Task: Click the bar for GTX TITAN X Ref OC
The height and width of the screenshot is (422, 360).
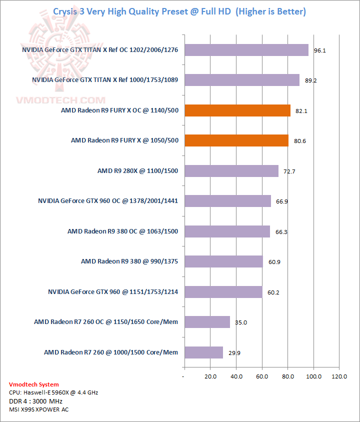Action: [x=246, y=50]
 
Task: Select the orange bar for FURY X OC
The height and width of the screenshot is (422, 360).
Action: [x=237, y=110]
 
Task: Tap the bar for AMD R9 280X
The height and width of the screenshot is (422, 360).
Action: [x=231, y=171]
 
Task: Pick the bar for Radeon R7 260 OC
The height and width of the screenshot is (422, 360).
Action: [x=206, y=322]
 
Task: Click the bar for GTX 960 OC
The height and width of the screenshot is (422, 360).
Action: [x=227, y=201]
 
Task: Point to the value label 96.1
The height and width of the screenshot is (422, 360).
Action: [x=320, y=50]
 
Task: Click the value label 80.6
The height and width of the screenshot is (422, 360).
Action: [x=300, y=141]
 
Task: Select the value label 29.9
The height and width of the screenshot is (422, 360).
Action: [x=234, y=352]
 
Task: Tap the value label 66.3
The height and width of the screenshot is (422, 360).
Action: [x=281, y=231]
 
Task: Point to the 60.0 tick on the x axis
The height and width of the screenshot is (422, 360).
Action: [x=261, y=376]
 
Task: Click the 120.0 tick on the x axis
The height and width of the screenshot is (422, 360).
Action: [x=339, y=376]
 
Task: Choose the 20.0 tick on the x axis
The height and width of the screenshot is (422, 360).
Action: [x=210, y=376]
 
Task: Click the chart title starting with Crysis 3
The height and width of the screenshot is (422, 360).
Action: [x=179, y=11]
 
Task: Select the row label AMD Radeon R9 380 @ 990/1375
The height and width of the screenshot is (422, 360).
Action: [x=129, y=261]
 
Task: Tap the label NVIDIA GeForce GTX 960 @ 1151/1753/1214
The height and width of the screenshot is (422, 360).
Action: [x=113, y=291]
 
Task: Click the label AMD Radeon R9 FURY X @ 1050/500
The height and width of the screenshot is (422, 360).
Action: [x=124, y=140]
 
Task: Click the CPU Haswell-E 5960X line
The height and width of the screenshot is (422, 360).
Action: [x=53, y=392]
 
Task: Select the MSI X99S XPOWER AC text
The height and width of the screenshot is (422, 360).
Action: [x=39, y=409]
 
